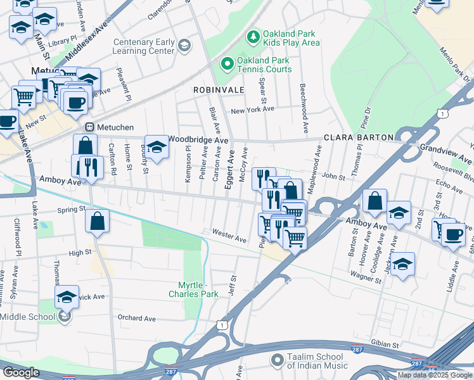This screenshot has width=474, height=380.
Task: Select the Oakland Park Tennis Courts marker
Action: (226, 64)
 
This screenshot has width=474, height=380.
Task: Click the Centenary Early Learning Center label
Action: (143, 46)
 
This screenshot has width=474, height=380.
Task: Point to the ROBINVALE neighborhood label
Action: (219, 91)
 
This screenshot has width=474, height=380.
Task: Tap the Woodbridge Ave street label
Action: (198, 140)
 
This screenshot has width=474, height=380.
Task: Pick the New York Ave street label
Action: (252, 110)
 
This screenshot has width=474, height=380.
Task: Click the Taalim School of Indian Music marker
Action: (276, 360)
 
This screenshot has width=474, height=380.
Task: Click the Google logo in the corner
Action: (21, 372)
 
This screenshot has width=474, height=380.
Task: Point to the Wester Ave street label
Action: (229, 236)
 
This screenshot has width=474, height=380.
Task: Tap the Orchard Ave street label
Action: (136, 318)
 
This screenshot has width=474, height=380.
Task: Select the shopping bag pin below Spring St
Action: (97, 222)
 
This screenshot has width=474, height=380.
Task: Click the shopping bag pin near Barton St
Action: (375, 201)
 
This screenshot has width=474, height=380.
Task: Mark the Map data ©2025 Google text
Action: (435, 375)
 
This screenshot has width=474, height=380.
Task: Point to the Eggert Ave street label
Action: (231, 163)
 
